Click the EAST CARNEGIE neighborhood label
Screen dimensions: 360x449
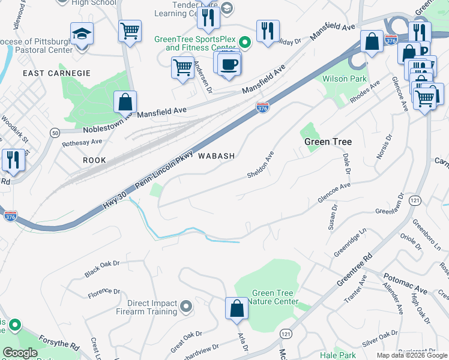coord(56,73)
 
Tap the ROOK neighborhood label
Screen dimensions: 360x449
coord(94,160)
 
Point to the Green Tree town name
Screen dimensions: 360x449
coord(328,142)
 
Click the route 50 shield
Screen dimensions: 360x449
coord(55,132)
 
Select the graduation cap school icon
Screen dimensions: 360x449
coord(82,33)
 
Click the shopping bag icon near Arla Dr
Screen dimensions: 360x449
coord(237,308)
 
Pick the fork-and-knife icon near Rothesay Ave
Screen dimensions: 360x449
coord(12,160)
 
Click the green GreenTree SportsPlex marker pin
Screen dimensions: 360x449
coord(245,43)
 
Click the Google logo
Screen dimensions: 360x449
coord(20,353)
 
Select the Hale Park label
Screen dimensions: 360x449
coord(338,356)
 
